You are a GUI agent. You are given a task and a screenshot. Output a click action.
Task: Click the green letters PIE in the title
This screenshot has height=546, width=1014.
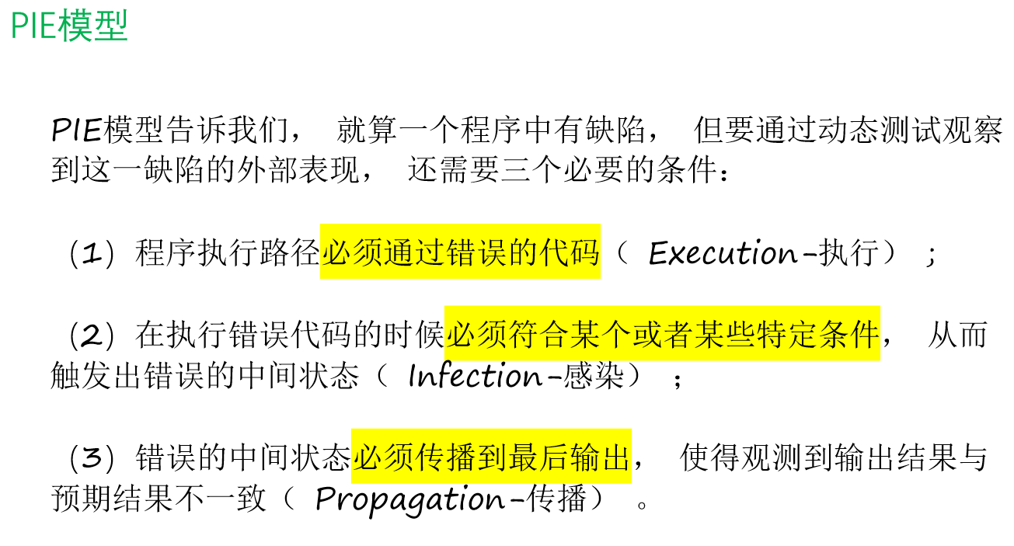point(33,26)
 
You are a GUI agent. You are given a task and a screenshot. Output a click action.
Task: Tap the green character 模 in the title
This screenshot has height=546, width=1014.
point(75,26)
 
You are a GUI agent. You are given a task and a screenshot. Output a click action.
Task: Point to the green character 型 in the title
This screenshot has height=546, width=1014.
point(110,26)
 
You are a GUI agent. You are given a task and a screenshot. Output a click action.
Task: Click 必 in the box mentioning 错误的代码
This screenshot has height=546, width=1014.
point(337,252)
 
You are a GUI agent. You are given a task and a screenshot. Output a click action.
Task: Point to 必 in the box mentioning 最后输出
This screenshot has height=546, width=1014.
point(368,457)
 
